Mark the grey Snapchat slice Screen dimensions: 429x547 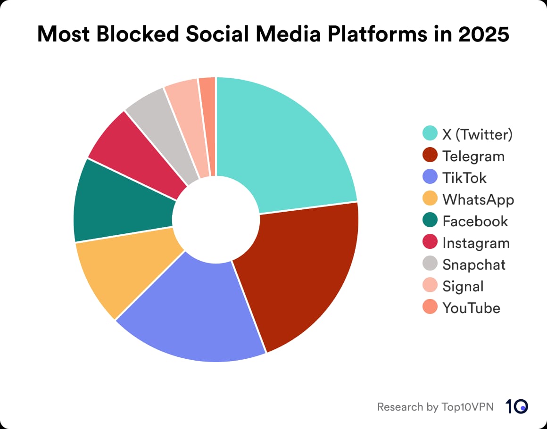[165, 127]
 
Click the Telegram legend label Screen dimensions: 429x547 [473, 156]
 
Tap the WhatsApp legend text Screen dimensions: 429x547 [478, 199]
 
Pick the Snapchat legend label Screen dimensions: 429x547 [473, 264]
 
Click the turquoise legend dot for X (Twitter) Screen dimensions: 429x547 [430, 134]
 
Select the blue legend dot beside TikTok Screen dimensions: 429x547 [430, 178]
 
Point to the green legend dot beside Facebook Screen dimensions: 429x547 [430, 221]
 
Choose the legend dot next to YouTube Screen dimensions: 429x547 [430, 308]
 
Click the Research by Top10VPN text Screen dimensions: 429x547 [435, 406]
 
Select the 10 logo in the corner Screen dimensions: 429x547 [517, 406]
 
